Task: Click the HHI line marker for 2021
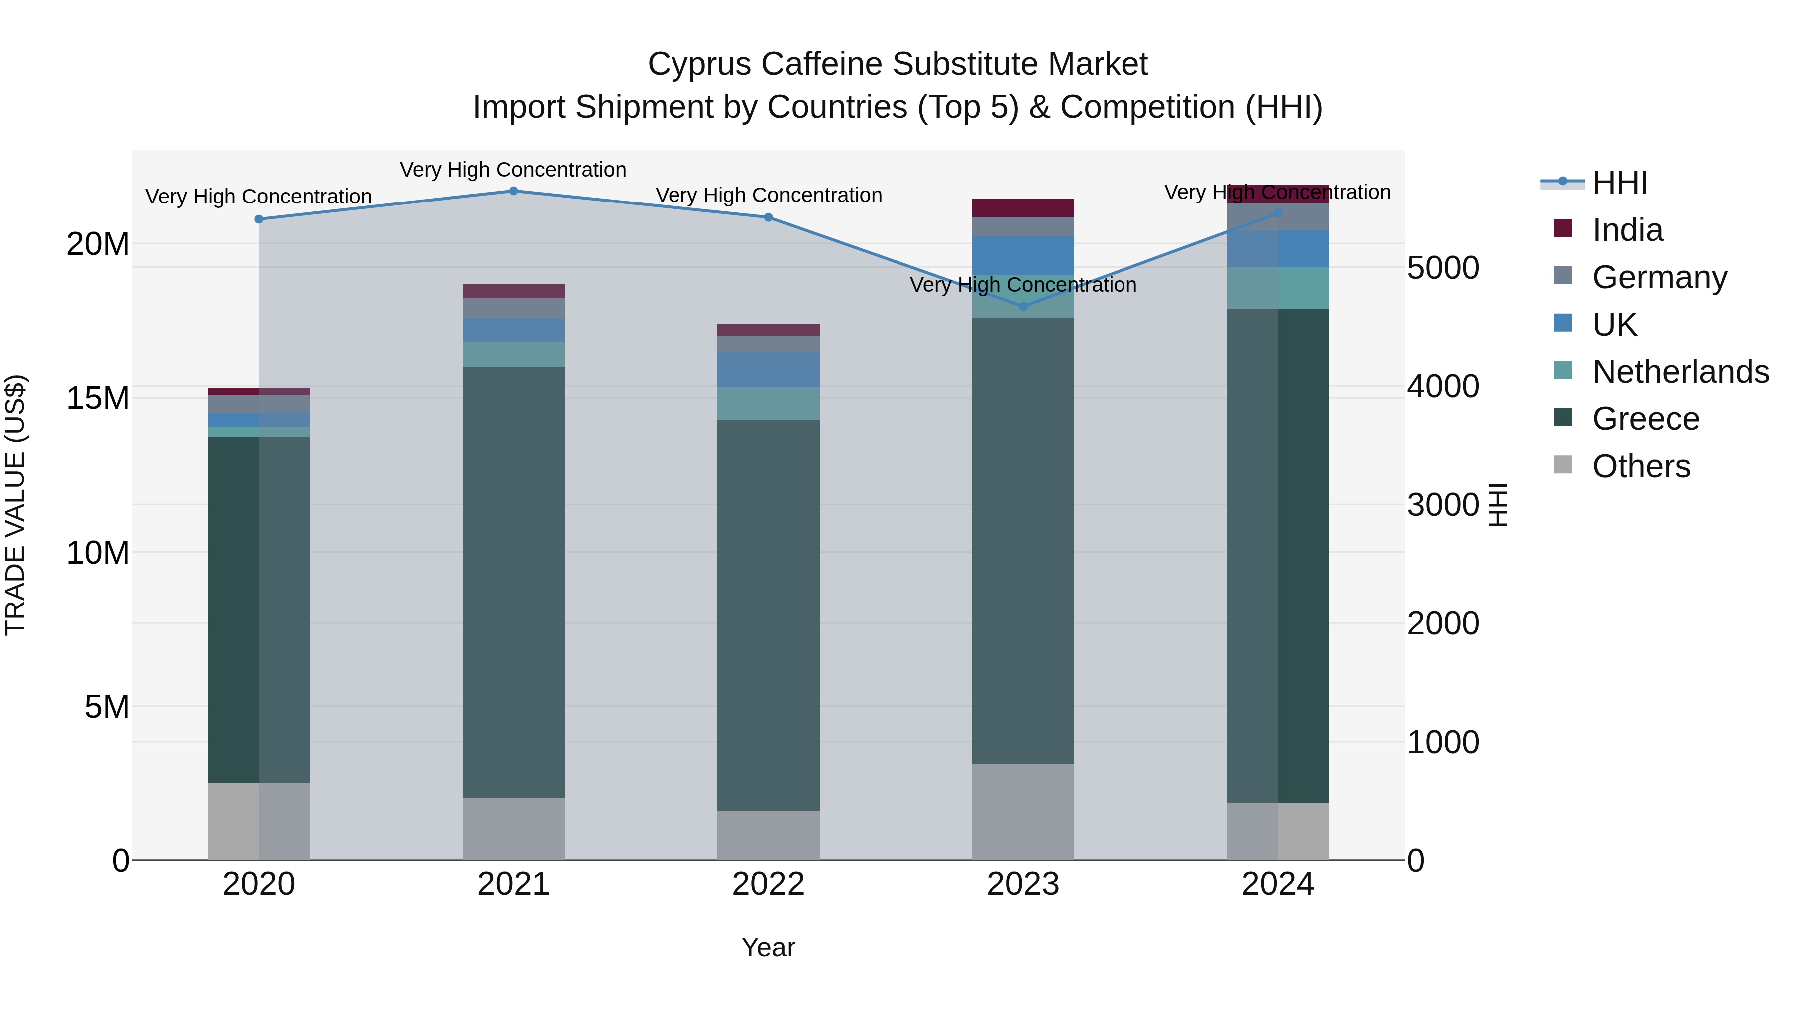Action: coord(513,191)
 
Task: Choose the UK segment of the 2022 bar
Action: coord(768,370)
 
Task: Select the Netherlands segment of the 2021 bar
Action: coord(513,354)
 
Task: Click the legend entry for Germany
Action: coord(1659,277)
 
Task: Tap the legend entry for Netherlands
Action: coord(1680,372)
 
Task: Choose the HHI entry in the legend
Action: coord(1619,183)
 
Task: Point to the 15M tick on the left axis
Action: coord(98,399)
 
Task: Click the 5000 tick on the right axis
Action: coord(1442,268)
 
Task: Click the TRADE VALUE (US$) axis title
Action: coord(15,505)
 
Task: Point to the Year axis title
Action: coord(768,947)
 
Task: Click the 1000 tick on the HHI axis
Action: coord(1442,742)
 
